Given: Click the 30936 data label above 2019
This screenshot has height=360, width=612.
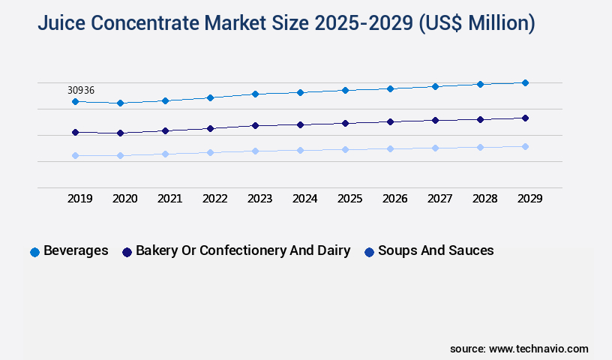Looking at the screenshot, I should (81, 90).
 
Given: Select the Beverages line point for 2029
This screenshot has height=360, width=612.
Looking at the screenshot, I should (525, 82).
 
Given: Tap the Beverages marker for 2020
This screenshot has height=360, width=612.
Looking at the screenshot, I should (120, 103).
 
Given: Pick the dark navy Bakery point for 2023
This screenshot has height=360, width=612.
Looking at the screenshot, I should (255, 125).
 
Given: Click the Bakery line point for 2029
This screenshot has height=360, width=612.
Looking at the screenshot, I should (525, 118).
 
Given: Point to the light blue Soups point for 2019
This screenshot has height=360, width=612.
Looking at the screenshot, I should (75, 155).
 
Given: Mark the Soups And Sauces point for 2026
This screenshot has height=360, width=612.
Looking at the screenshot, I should (390, 148).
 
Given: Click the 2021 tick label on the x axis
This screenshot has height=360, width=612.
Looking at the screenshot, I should (169, 199).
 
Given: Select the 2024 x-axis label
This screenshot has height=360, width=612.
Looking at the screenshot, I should (304, 199).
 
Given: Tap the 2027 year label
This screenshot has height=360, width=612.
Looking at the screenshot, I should (439, 199).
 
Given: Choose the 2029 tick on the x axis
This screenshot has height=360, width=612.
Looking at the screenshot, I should (529, 199).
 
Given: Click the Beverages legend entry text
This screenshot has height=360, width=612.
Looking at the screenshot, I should (76, 250).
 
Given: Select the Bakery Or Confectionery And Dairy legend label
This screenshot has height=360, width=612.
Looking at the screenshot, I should (243, 250).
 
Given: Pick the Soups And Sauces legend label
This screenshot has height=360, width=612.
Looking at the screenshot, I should (436, 250).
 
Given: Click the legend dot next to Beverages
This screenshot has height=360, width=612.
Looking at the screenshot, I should (34, 252).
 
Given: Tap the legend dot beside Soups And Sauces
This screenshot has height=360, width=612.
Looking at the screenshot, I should (369, 252).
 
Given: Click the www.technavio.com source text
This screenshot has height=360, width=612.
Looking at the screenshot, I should (538, 349).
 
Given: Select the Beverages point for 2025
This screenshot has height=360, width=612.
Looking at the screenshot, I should (345, 90).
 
